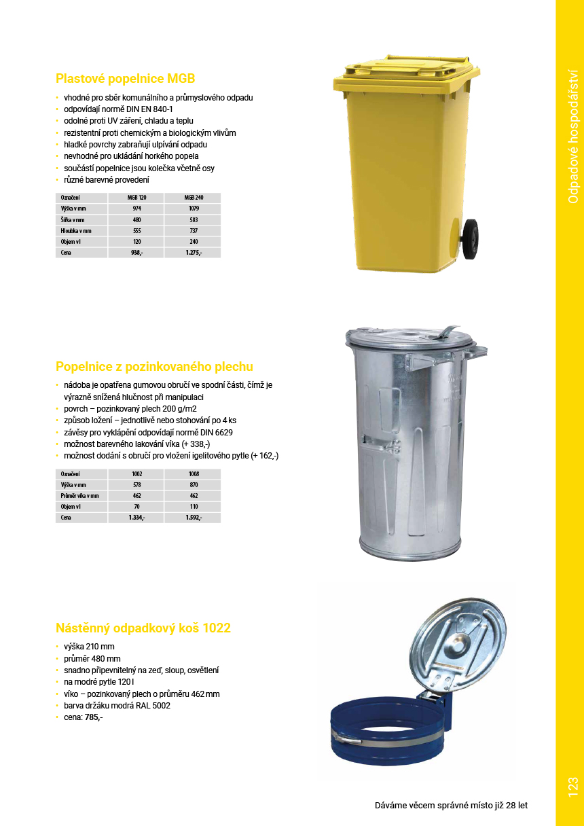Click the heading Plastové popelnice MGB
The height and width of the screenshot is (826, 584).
(125, 78)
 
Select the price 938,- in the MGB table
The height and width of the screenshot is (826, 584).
(136, 253)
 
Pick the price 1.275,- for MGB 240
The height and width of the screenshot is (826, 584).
(194, 253)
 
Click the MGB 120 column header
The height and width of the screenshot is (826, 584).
(136, 198)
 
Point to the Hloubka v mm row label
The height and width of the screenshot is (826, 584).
(75, 231)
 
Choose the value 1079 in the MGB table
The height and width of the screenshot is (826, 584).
(194, 209)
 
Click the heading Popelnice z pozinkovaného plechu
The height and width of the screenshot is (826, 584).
(154, 367)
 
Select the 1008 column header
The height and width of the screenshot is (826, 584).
(194, 473)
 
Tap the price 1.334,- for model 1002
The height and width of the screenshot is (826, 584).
(136, 518)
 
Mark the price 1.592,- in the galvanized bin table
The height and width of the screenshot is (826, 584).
(194, 518)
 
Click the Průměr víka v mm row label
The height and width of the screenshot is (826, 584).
(79, 496)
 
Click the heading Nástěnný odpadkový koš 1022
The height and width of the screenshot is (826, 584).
(143, 628)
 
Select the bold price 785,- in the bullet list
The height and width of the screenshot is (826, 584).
(94, 717)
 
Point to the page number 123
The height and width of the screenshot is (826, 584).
(572, 787)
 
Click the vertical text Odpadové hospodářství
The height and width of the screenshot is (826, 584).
(572, 136)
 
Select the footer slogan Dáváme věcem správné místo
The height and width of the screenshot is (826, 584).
(451, 806)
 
